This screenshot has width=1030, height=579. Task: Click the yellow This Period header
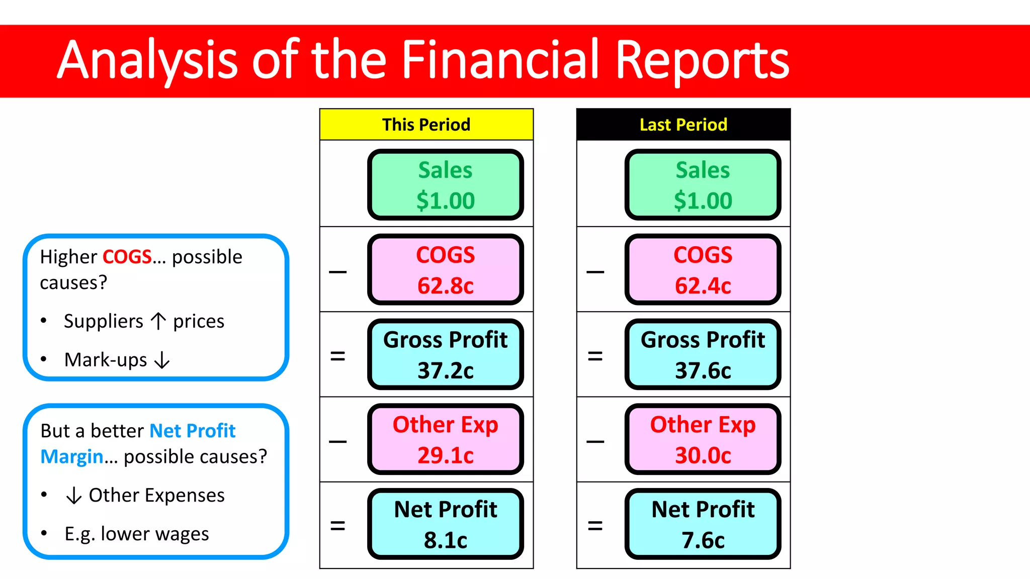pyautogui.click(x=426, y=124)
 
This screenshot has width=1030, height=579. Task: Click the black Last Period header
pyautogui.click(x=683, y=124)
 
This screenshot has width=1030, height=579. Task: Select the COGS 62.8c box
pyautogui.click(x=445, y=270)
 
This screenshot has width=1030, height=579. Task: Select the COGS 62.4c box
pyautogui.click(x=703, y=270)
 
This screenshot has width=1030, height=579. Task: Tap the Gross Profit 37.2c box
pyautogui.click(x=445, y=355)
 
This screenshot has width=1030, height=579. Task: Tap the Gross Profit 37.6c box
pyautogui.click(x=703, y=355)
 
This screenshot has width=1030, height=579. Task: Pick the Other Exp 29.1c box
pyautogui.click(x=445, y=440)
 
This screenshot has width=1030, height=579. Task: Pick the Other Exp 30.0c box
pyautogui.click(x=703, y=440)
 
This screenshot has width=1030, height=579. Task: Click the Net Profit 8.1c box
pyautogui.click(x=445, y=524)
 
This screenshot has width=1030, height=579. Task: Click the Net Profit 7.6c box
pyautogui.click(x=703, y=524)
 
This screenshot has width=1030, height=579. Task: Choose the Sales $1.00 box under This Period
pyautogui.click(x=445, y=185)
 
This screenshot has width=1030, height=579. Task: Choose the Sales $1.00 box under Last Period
pyautogui.click(x=703, y=185)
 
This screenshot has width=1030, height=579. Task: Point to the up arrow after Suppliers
pyautogui.click(x=158, y=321)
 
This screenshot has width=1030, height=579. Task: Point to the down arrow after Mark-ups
pyautogui.click(x=162, y=360)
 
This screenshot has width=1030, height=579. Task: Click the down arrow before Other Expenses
pyautogui.click(x=74, y=495)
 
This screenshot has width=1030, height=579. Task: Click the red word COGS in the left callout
pyautogui.click(x=127, y=257)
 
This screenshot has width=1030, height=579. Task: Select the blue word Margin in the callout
pyautogui.click(x=72, y=456)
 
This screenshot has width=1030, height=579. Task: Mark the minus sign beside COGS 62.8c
pyautogui.click(x=337, y=272)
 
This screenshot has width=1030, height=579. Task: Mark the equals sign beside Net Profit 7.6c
pyautogui.click(x=595, y=526)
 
